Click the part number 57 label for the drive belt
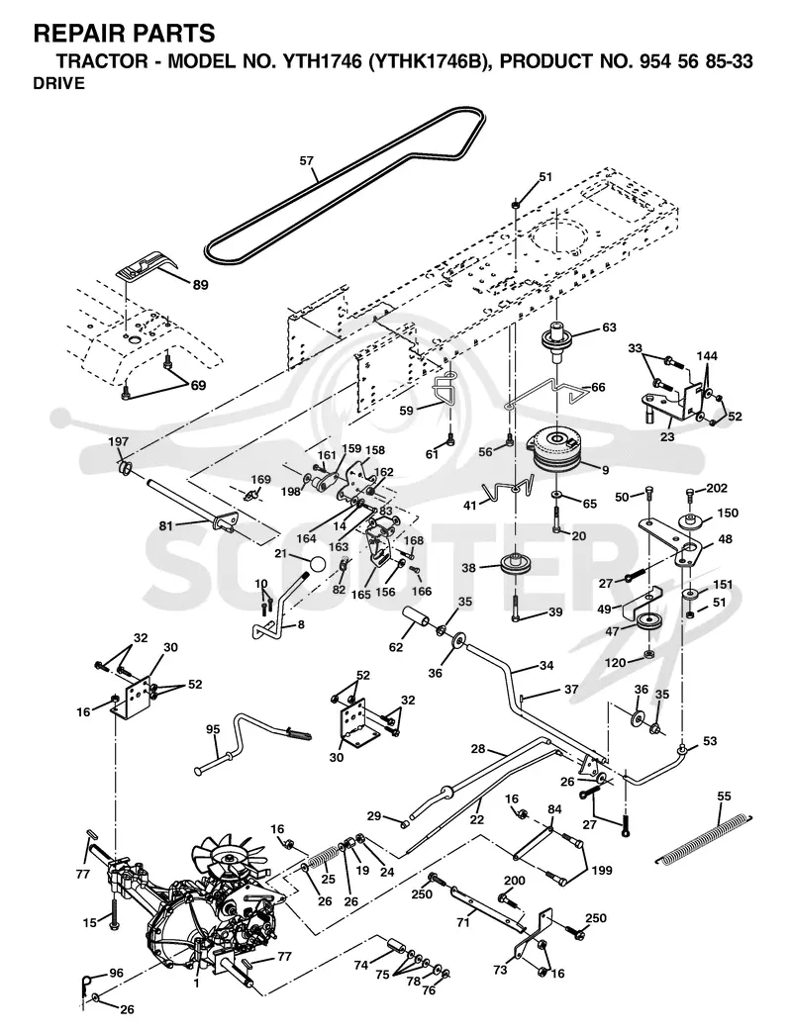(306, 160)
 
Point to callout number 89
(200, 285)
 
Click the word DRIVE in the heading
(58, 84)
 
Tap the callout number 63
(609, 327)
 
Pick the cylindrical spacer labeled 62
(417, 620)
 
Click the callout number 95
(213, 729)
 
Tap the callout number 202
(717, 488)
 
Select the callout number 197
(119, 442)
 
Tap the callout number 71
(462, 922)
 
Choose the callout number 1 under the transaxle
(196, 984)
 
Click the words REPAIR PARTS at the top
(124, 33)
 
